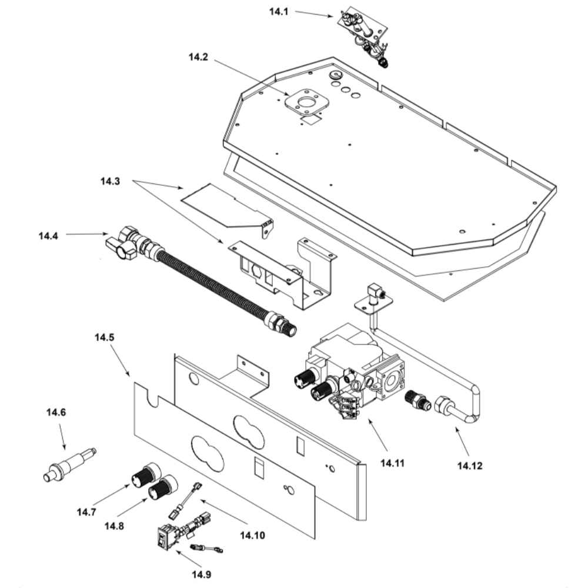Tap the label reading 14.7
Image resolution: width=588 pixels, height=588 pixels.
coord(86,511)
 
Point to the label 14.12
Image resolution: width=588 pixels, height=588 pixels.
coord(469,466)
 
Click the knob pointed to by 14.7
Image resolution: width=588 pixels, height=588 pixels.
coord(144,475)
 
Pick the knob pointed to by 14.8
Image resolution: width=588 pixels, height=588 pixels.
coord(162,487)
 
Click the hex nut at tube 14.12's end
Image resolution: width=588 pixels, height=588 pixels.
coord(444,405)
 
